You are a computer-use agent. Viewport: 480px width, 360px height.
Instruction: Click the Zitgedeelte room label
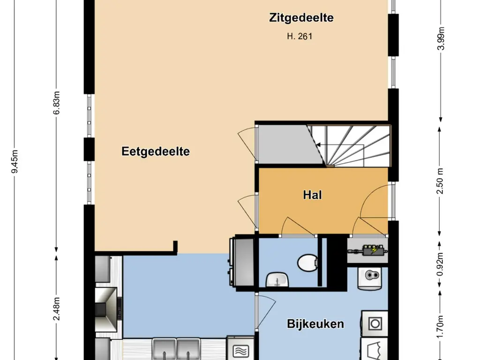tap(301, 18)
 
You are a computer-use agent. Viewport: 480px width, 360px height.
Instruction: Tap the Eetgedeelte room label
tap(156, 151)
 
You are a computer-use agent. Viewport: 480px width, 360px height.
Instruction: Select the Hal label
tap(312, 195)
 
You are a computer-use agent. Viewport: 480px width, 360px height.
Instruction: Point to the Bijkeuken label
tap(315, 324)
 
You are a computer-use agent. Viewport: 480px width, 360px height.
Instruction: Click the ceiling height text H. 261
tap(300, 37)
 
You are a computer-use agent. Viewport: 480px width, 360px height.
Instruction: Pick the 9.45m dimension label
tap(15, 161)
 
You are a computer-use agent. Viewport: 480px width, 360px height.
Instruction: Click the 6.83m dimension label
tap(56, 103)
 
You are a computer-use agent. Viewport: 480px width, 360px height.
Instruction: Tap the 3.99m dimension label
tap(441, 38)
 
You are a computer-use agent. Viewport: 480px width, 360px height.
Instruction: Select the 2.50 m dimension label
tap(440, 181)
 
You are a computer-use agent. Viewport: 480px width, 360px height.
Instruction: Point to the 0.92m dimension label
tap(440, 264)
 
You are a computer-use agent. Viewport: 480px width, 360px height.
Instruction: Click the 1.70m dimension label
tap(440, 327)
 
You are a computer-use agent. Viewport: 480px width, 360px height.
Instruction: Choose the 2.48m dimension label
tap(56, 309)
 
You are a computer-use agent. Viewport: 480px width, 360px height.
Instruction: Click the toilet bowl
tap(307, 262)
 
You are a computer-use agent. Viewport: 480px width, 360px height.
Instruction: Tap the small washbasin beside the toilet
tap(277, 280)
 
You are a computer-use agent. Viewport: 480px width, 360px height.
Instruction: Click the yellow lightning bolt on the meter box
tap(374, 251)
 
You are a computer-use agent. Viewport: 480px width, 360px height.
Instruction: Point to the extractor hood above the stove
tap(106, 309)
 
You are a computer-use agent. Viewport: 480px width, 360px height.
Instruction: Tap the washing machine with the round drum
tap(375, 323)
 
